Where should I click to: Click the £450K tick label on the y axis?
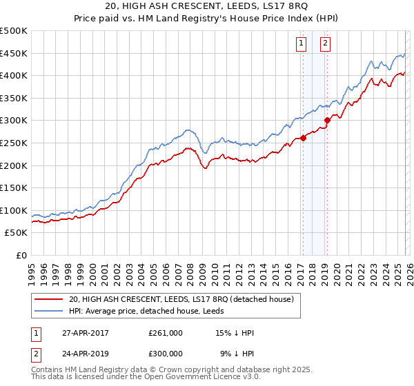point(14,53)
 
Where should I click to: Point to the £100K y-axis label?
point(14,210)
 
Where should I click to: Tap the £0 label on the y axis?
point(21,255)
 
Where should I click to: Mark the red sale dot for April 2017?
point(303,138)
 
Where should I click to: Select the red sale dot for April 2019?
point(327,120)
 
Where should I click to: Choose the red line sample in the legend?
point(50,299)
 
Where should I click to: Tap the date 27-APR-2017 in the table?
point(84,333)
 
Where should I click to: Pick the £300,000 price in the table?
point(166,353)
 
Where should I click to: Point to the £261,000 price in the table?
point(166,333)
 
